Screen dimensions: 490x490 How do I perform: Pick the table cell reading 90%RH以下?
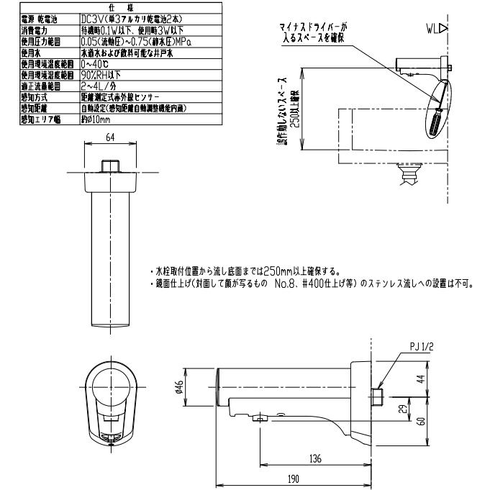[104, 75]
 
